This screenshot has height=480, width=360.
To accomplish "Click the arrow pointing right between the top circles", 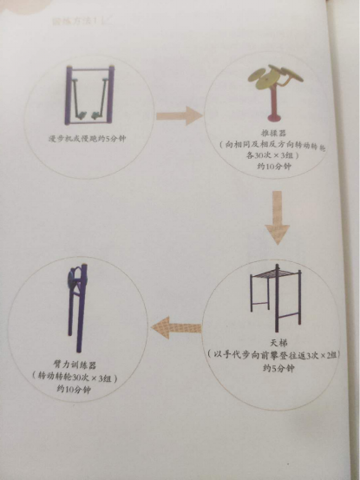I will pyautogui.click(x=181, y=116).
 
